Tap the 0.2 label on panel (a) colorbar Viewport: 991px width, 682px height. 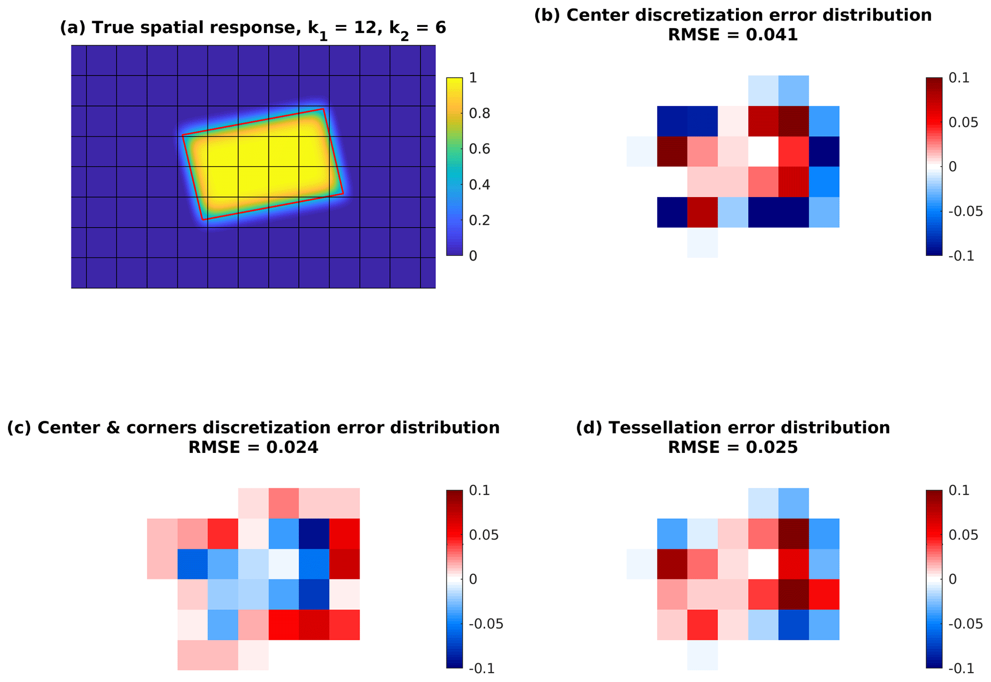point(479,220)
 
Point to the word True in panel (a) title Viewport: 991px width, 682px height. point(108,28)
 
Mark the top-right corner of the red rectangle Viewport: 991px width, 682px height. point(324,109)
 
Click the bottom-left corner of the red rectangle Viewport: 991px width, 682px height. point(204,220)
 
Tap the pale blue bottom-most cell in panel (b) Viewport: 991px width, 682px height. point(702,243)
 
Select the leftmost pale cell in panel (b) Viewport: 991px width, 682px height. point(641,151)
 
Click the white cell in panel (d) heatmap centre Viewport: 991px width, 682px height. point(763,564)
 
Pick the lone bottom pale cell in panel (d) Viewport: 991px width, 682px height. point(702,655)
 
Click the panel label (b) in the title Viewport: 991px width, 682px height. point(548,15)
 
